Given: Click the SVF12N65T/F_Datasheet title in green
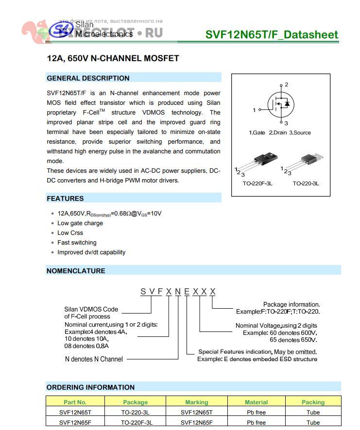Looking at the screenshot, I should pyautogui.click(x=272, y=34).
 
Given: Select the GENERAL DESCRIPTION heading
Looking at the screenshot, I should pyautogui.click(x=88, y=78).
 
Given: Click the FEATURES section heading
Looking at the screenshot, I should pyautogui.click(x=65, y=198).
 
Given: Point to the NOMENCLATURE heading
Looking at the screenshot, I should pyautogui.click(x=76, y=271).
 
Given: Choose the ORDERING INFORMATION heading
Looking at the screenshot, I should pyautogui.click(x=90, y=387).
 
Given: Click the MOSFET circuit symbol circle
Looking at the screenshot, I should pyautogui.click(x=281, y=104).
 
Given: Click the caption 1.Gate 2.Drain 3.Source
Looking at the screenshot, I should pyautogui.click(x=279, y=132).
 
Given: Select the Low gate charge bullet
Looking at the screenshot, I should pyautogui.click(x=80, y=223).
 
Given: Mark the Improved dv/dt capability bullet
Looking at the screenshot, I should pyautogui.click(x=91, y=252).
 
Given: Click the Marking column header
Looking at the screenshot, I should pyautogui.click(x=196, y=402).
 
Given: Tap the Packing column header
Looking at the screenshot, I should pyautogui.click(x=313, y=402).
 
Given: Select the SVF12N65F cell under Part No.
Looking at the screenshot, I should pyautogui.click(x=75, y=422).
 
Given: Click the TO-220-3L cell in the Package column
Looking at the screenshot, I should pyautogui.click(x=135, y=413).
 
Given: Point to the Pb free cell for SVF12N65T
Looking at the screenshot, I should pyautogui.click(x=256, y=413).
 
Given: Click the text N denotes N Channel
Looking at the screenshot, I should pyautogui.click(x=94, y=360).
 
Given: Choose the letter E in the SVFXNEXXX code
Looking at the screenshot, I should pyautogui.click(x=187, y=291).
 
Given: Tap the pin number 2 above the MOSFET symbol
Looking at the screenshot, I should pyautogui.click(x=287, y=84).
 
